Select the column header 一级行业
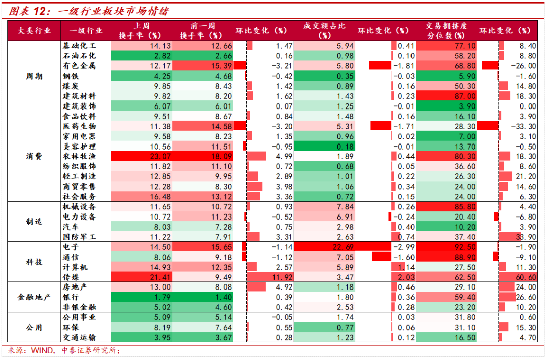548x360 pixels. pyautogui.click(x=86, y=31)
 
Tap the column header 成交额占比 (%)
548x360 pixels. pyautogui.click(x=324, y=31)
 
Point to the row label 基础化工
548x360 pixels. pyautogui.click(x=79, y=46)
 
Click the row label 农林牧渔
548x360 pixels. pyautogui.click(x=79, y=157)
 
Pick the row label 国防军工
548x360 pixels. pyautogui.click(x=79, y=237)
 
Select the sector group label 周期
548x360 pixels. pyautogui.click(x=34, y=76)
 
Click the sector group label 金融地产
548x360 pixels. pyautogui.click(x=34, y=297)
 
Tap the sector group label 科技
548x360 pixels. pyautogui.click(x=34, y=262)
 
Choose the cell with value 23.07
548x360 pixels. pyautogui.click(x=142, y=157)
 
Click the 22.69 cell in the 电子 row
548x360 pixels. pyautogui.click(x=324, y=247)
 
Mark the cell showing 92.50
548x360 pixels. pyautogui.click(x=447, y=247)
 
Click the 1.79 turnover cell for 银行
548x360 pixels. pyautogui.click(x=142, y=297)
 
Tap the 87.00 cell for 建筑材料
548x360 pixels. pyautogui.click(x=447, y=96)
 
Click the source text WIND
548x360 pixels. pyautogui.click(x=42, y=350)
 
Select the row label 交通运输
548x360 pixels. pyautogui.click(x=79, y=337)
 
